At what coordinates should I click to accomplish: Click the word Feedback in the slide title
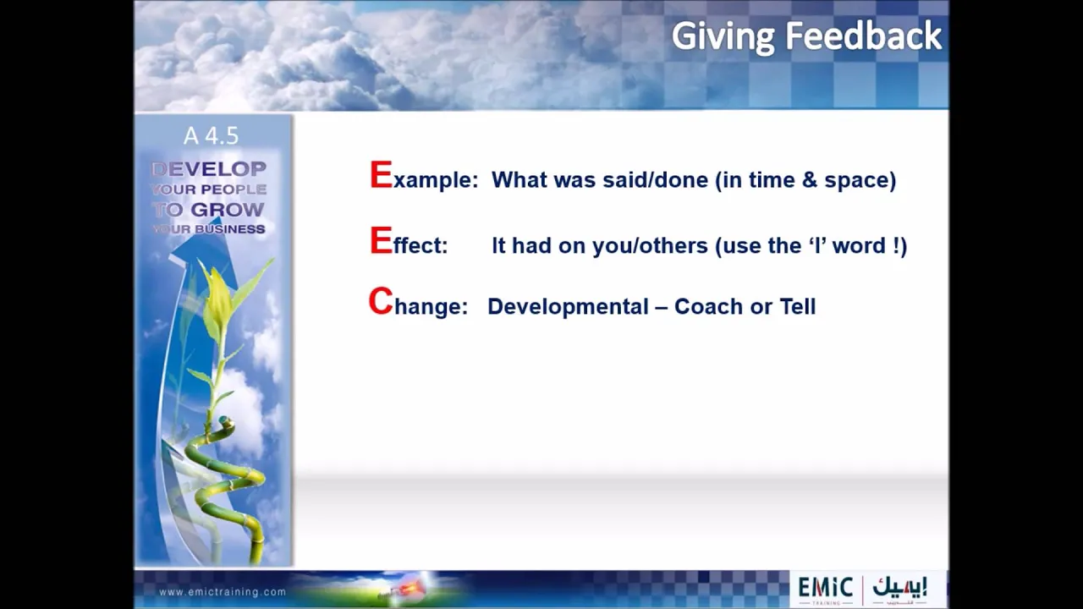[x=864, y=36]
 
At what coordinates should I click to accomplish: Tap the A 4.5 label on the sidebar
[x=212, y=136]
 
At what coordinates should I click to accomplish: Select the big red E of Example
[x=381, y=175]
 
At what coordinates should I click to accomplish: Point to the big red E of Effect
[x=381, y=241]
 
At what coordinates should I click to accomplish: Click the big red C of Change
[x=381, y=301]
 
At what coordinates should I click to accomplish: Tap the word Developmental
[x=568, y=307]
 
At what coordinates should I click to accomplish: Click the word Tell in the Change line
[x=798, y=306]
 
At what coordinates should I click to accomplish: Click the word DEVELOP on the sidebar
[x=209, y=169]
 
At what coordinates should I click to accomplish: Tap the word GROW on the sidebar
[x=228, y=210]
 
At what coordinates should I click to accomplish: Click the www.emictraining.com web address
[x=223, y=592]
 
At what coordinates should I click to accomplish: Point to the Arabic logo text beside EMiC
[x=899, y=587]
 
